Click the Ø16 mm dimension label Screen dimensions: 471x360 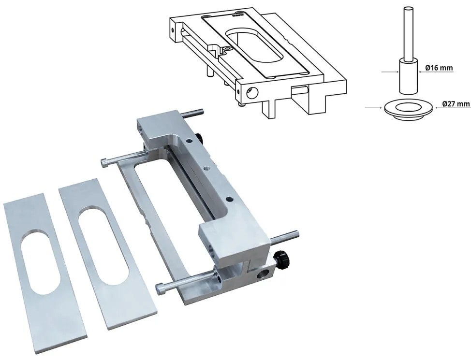point(439,68)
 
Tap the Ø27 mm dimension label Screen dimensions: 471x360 point(456,103)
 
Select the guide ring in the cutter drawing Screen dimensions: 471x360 point(409,110)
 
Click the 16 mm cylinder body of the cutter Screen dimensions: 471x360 point(408,75)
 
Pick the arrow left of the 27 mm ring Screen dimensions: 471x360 point(374,107)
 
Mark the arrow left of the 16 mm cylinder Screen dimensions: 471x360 point(390,72)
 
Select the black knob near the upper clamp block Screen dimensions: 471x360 point(199,138)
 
